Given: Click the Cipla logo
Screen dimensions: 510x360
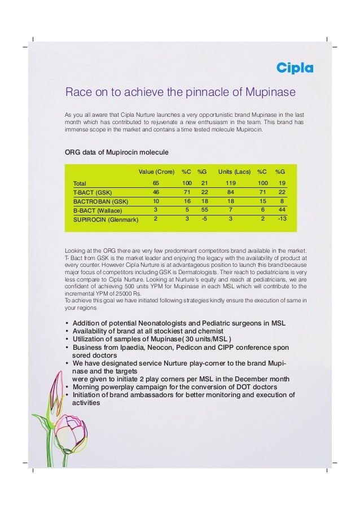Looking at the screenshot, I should [294, 69].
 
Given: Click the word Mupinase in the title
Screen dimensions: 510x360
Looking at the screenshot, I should [274, 91].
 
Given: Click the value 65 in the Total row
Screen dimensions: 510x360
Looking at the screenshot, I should [156, 183].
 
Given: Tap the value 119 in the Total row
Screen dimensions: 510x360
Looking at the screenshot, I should [230, 183].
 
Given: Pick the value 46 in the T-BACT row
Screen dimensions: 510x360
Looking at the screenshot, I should [156, 192].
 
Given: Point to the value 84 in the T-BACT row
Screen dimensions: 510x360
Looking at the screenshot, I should [230, 192].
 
